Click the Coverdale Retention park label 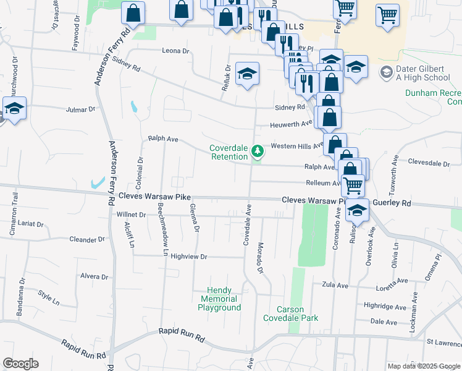228,152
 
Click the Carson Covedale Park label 290,313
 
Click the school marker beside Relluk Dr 247,74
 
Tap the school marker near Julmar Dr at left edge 14,108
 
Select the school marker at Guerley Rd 358,210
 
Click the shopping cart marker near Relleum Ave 353,184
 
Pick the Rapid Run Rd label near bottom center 181,332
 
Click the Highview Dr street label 188,255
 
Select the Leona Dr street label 174,51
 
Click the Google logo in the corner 20,364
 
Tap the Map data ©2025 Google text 423,366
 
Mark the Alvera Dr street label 94,277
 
